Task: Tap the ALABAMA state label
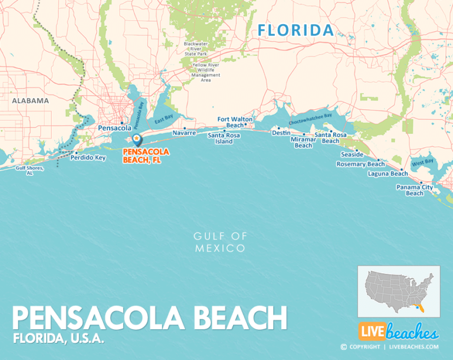tap(30, 100)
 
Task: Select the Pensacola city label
tap(114, 127)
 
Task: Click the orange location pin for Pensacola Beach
tap(137, 140)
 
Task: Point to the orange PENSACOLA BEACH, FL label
tap(146, 155)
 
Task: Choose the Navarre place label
tap(184, 133)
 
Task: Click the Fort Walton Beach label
tap(235, 122)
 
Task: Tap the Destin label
tap(281, 133)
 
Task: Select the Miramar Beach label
tap(303, 142)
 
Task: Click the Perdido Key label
tap(87, 158)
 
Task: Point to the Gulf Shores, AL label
tap(29, 171)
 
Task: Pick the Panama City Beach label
tap(415, 190)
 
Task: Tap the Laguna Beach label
tap(388, 174)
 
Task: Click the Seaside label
tap(352, 154)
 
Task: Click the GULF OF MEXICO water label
tap(220, 242)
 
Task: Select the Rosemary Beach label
tap(360, 164)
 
